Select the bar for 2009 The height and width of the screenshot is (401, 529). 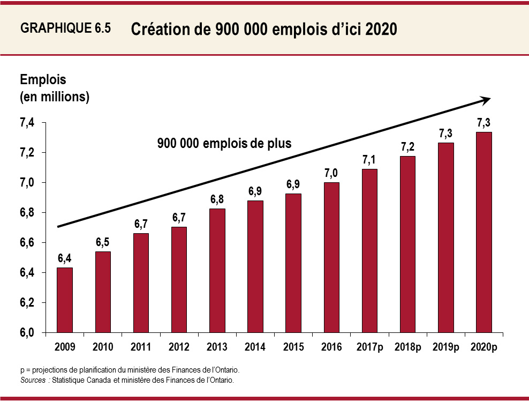65,300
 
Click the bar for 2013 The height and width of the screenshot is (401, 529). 217,271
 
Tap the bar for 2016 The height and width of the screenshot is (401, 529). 331,257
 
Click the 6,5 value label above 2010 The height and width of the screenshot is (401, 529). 103,242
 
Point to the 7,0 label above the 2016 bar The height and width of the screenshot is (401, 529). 331,173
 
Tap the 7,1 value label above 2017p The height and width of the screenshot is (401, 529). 369,160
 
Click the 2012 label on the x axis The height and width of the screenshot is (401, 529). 179,347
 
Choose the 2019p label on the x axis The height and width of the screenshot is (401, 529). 445,347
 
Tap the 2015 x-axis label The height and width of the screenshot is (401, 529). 293,347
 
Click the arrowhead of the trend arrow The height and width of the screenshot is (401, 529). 486,99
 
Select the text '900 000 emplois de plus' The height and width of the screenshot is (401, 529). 224,144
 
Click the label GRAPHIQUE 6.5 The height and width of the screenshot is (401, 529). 65,29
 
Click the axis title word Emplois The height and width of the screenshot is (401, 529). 43,80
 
